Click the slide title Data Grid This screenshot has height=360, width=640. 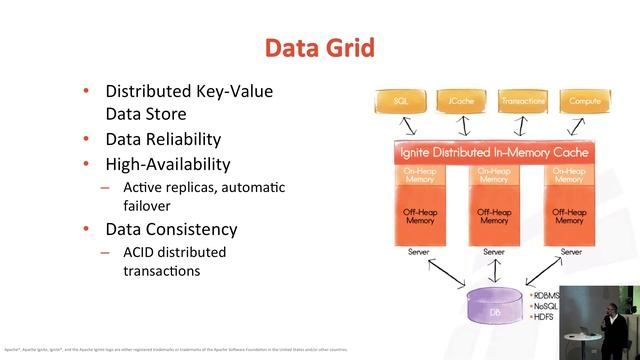(x=319, y=47)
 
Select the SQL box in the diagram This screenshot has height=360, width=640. (x=401, y=101)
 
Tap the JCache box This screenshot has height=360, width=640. (x=463, y=101)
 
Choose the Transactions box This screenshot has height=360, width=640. (x=524, y=101)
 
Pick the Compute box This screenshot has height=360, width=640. (x=585, y=101)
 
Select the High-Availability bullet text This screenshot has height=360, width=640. (x=168, y=163)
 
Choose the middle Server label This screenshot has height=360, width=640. (x=494, y=252)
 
